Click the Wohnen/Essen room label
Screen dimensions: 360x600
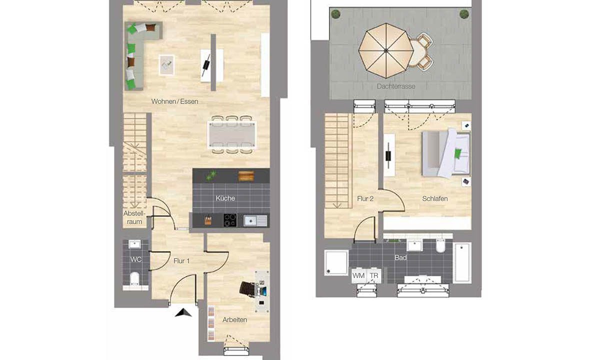174,101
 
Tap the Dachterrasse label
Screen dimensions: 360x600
396,86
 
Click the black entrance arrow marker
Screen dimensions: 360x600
183,313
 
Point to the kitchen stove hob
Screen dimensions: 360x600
230,220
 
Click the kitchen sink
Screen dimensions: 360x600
255,220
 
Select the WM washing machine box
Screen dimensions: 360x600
358,275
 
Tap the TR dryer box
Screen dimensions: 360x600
373,275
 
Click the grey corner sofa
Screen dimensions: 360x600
138,50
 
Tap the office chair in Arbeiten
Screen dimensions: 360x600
247,289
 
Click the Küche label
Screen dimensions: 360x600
225,198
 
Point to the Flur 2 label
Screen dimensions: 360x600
365,198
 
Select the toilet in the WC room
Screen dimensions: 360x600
135,278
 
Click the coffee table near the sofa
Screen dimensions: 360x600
167,64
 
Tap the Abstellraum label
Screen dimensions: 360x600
133,217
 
